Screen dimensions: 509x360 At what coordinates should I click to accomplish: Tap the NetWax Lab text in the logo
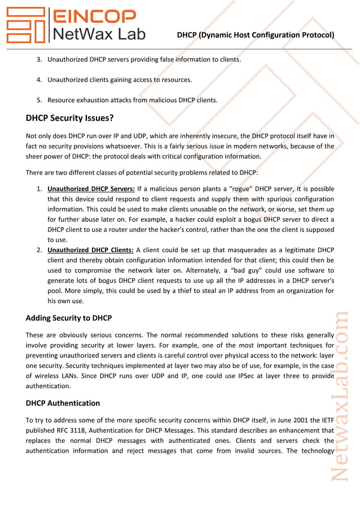point(98,34)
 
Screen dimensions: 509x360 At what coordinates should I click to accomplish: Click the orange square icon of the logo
point(25,25)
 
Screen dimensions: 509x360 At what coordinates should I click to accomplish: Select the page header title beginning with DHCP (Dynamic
point(255,35)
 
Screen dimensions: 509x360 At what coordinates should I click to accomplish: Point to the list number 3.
point(39,59)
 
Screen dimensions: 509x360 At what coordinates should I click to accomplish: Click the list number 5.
point(39,100)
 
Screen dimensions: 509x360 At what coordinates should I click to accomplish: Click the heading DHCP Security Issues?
point(70,119)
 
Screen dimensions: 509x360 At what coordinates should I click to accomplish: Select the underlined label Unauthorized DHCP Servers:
point(91,188)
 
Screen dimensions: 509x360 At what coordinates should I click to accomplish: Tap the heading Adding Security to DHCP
point(69,318)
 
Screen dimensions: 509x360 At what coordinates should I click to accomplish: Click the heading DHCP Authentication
point(63,403)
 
